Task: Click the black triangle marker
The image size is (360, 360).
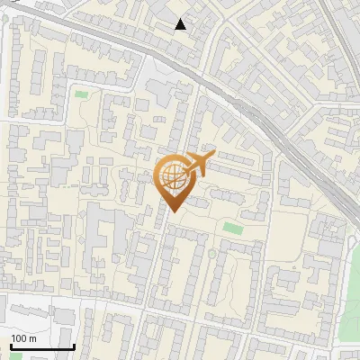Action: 181,24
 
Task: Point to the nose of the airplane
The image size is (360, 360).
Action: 214,154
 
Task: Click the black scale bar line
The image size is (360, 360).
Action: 41,346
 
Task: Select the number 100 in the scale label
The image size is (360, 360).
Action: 18,338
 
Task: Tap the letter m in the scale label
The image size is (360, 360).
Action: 31,338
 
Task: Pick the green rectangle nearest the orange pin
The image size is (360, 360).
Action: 233,228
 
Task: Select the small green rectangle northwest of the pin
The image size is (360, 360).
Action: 82,94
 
